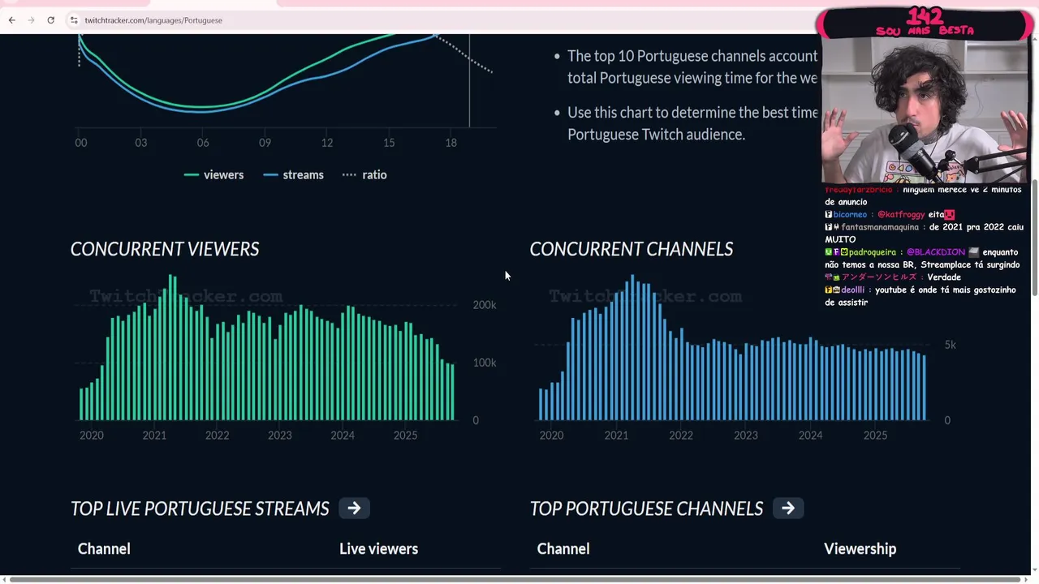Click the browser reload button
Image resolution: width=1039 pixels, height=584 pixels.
pyautogui.click(x=50, y=20)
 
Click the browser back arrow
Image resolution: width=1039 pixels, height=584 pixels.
pyautogui.click(x=11, y=20)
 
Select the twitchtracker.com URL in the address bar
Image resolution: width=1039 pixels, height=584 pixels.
pyautogui.click(x=153, y=20)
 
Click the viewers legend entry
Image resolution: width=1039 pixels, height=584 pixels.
pyautogui.click(x=214, y=174)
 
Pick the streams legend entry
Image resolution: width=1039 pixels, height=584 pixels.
pyautogui.click(x=294, y=174)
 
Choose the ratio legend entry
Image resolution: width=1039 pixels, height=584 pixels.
pyautogui.click(x=364, y=174)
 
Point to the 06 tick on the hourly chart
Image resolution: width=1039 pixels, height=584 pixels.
pyautogui.click(x=203, y=143)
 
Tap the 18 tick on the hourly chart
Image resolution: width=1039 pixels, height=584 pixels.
pyautogui.click(x=451, y=143)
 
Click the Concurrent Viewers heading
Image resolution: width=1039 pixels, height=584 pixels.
pyautogui.click(x=165, y=249)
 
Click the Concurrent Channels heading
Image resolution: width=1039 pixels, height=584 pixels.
pyautogui.click(x=631, y=249)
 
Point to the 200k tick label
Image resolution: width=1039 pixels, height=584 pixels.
pyautogui.click(x=485, y=305)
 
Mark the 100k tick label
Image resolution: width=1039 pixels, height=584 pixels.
pyautogui.click(x=485, y=363)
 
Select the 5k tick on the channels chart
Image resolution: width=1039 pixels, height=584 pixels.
pyautogui.click(x=950, y=345)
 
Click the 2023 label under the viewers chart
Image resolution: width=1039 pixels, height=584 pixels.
pyautogui.click(x=279, y=436)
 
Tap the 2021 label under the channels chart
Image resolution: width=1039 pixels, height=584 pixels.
pyautogui.click(x=616, y=436)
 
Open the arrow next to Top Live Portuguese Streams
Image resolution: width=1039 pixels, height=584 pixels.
pyautogui.click(x=354, y=509)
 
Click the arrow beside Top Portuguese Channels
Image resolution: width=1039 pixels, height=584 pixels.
pyautogui.click(x=787, y=509)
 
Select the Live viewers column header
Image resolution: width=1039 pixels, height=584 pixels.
pyautogui.click(x=378, y=549)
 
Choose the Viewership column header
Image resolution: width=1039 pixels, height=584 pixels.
pyautogui.click(x=860, y=549)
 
